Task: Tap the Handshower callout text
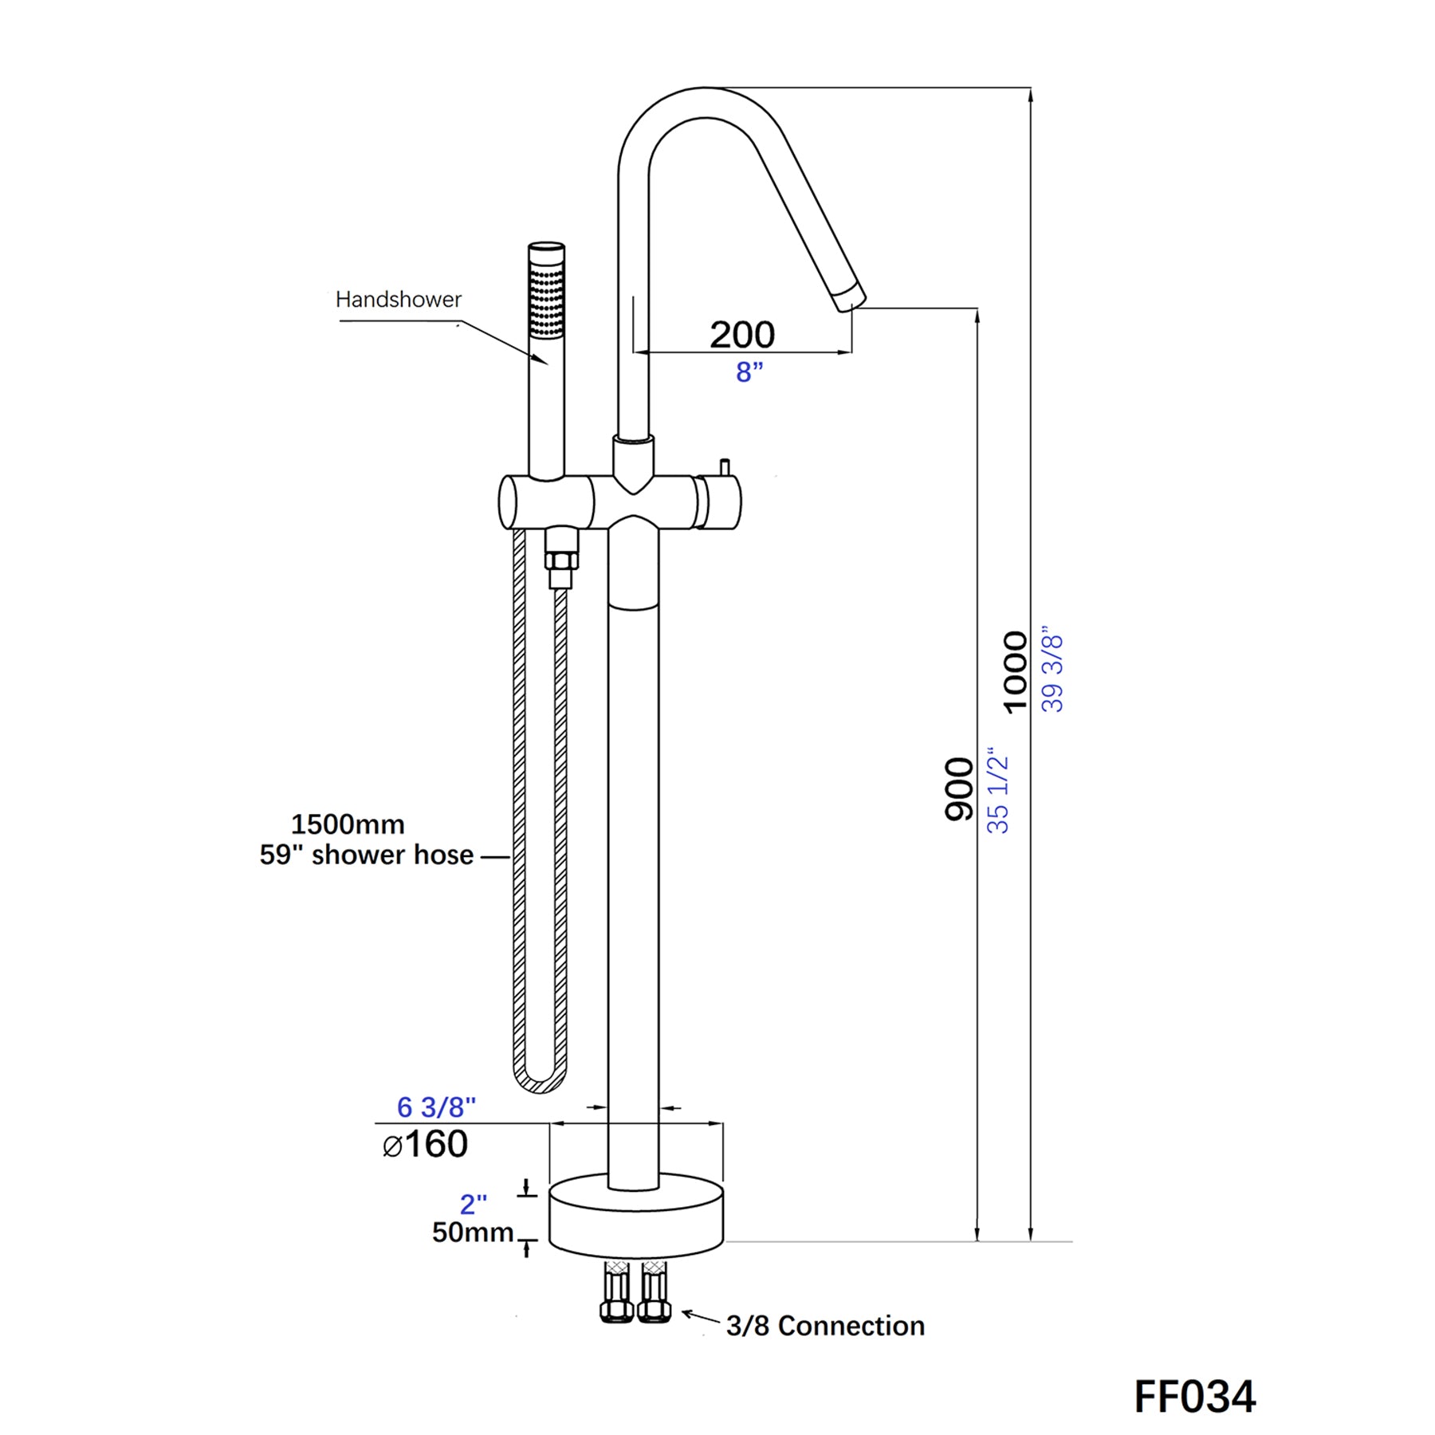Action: click(x=398, y=300)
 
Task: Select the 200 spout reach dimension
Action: click(x=741, y=334)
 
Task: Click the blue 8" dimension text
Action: click(x=749, y=372)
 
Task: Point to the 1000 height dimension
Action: click(x=1014, y=671)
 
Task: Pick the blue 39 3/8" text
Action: click(x=1052, y=668)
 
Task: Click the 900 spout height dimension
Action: click(x=958, y=788)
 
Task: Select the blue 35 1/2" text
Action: click(x=997, y=790)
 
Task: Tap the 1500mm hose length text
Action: click(x=348, y=824)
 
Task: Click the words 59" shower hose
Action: click(x=366, y=855)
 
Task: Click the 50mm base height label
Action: click(x=472, y=1233)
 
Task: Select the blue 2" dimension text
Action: click(x=473, y=1204)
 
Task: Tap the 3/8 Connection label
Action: click(x=825, y=1326)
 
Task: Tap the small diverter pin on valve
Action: click(x=724, y=467)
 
